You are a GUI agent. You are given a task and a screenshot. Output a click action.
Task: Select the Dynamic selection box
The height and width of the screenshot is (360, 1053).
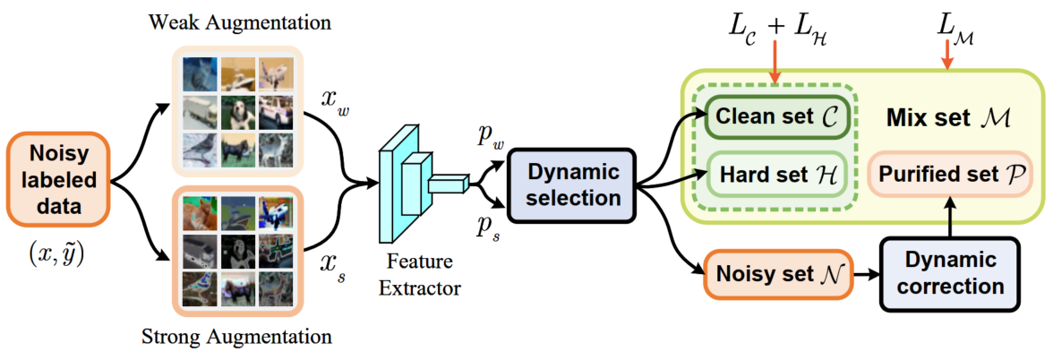(x=570, y=182)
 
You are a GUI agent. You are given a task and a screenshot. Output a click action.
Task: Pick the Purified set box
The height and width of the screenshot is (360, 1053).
(x=950, y=172)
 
